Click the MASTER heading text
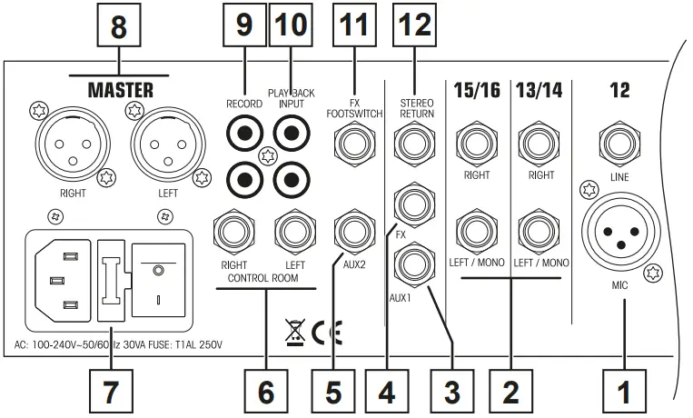120,91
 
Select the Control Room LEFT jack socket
295,230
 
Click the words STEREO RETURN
415,109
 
